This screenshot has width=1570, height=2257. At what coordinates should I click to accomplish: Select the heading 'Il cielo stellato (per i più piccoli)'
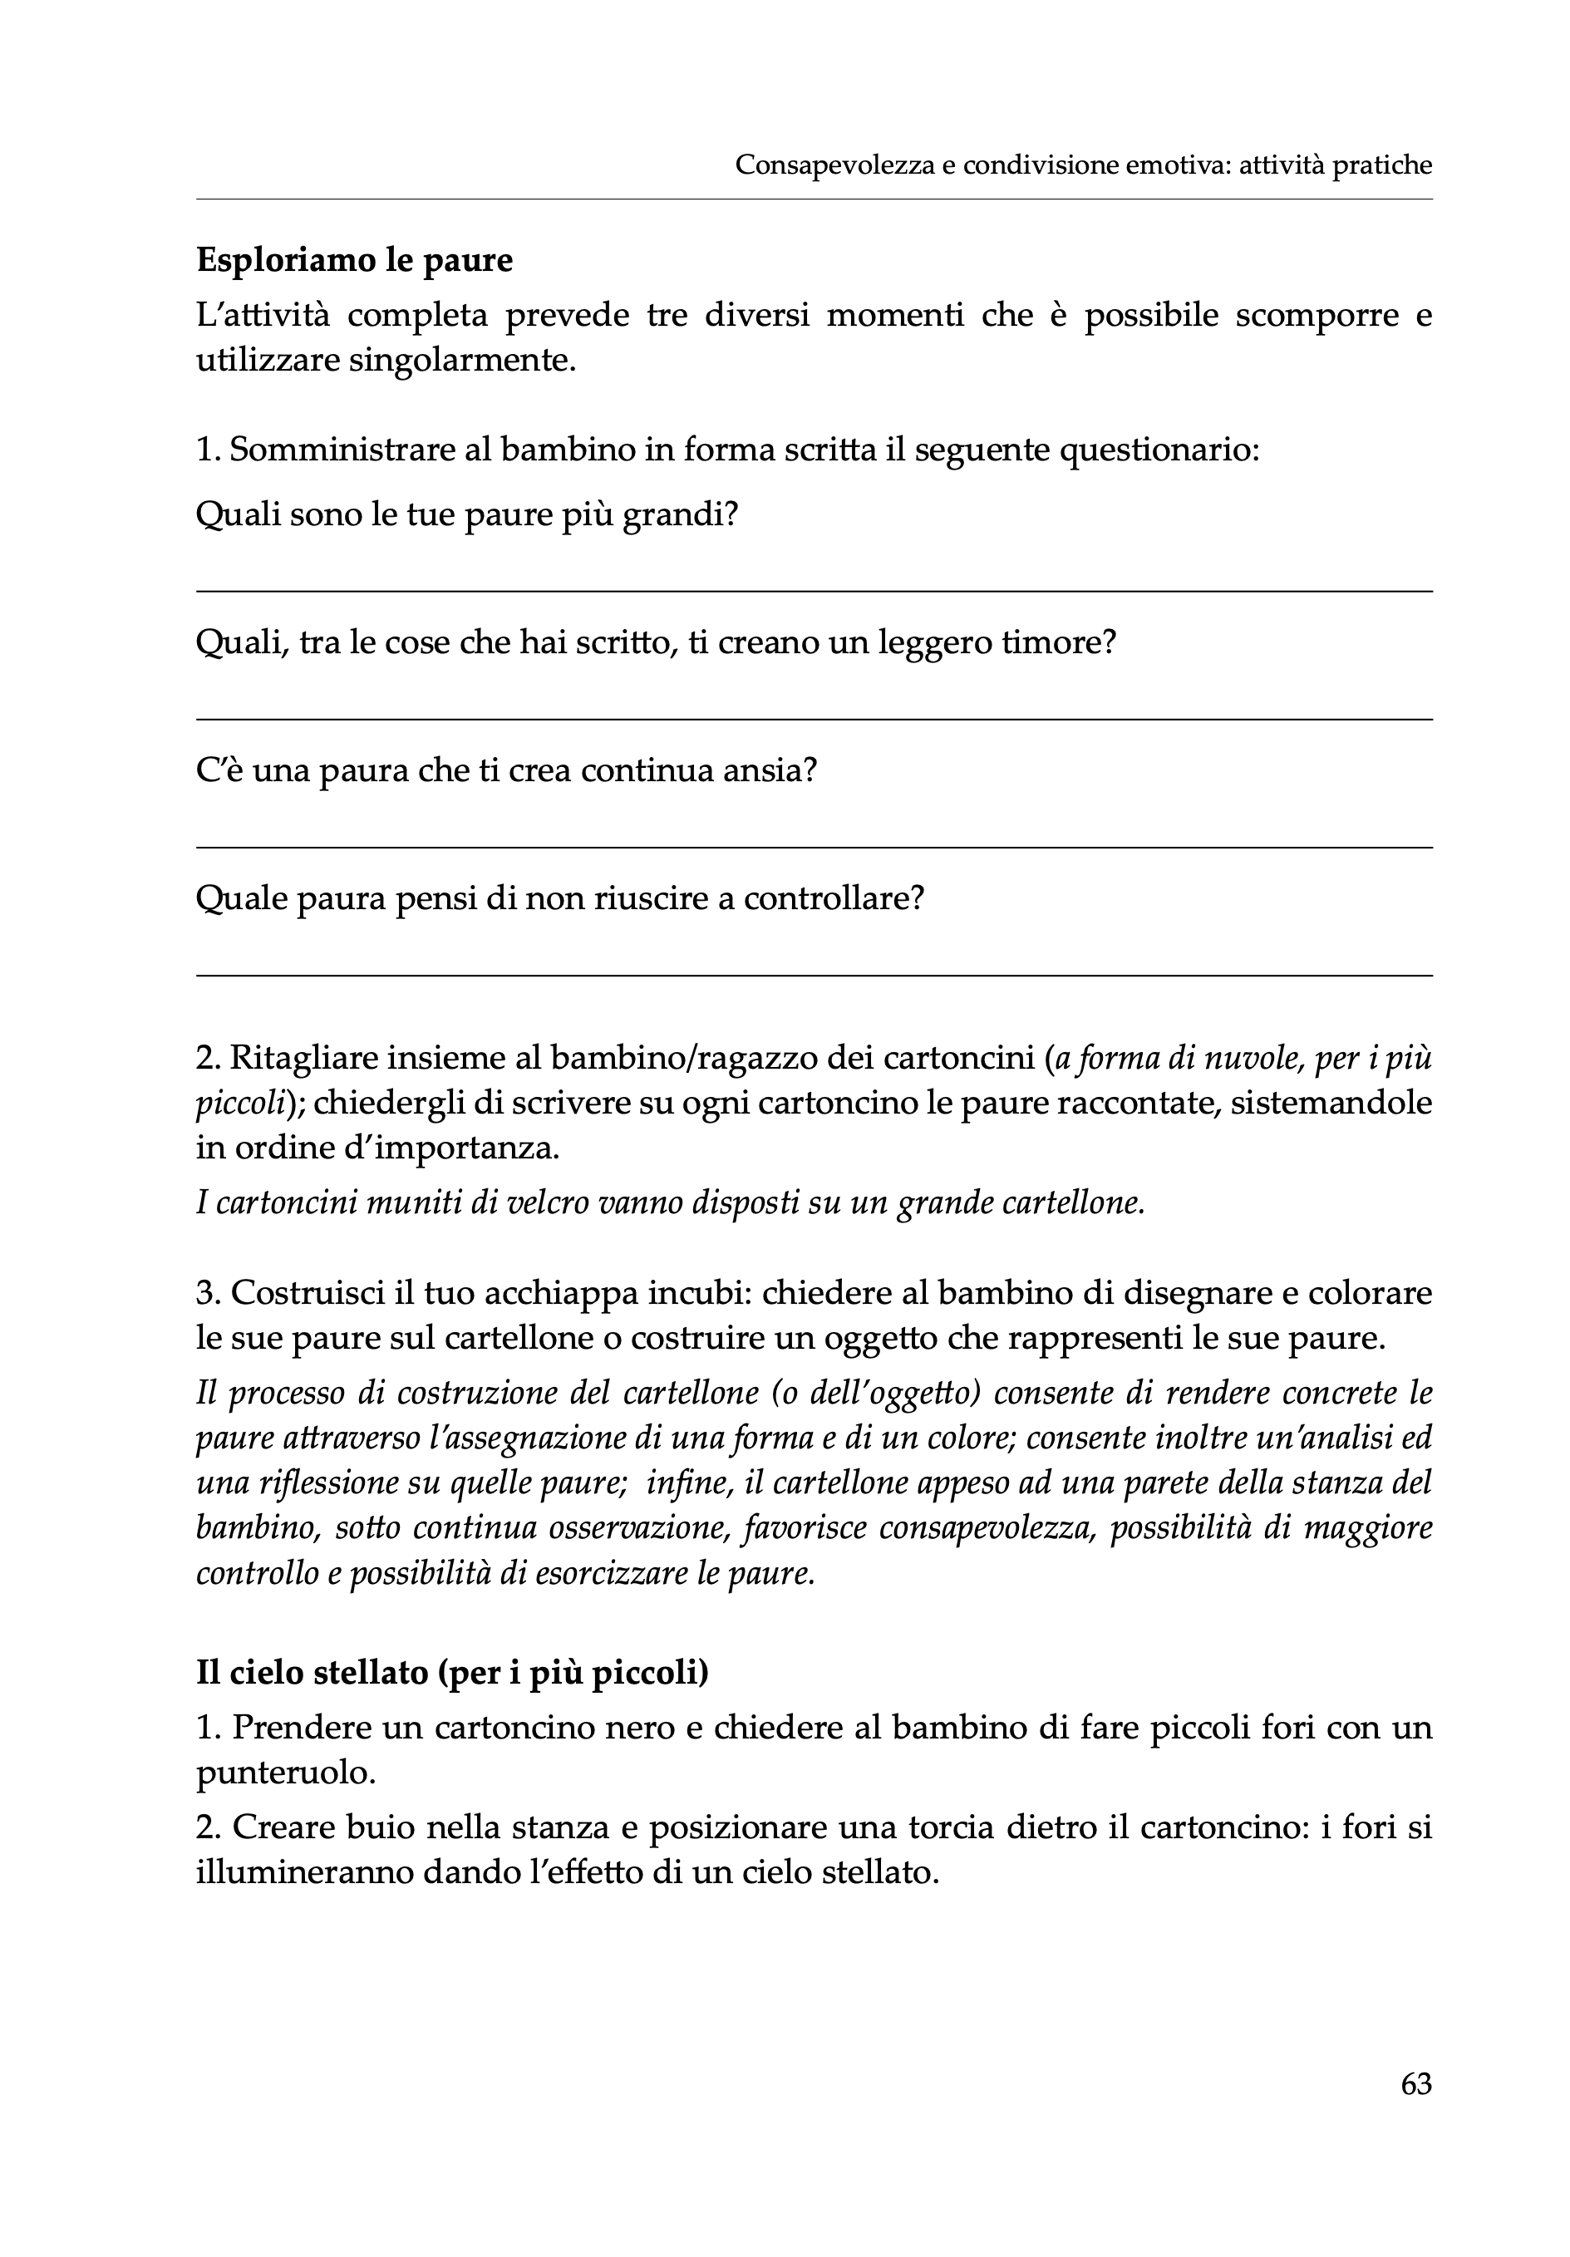[x=452, y=1672]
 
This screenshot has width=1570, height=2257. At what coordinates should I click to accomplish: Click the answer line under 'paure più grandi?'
[x=814, y=591]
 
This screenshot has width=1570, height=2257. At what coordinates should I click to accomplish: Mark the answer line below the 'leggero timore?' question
[x=814, y=720]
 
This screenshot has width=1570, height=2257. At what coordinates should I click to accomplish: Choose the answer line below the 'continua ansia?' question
[x=814, y=848]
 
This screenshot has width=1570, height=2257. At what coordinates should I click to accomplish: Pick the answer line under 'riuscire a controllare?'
[x=814, y=975]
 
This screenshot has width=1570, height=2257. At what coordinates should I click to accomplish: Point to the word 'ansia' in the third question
[x=762, y=770]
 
